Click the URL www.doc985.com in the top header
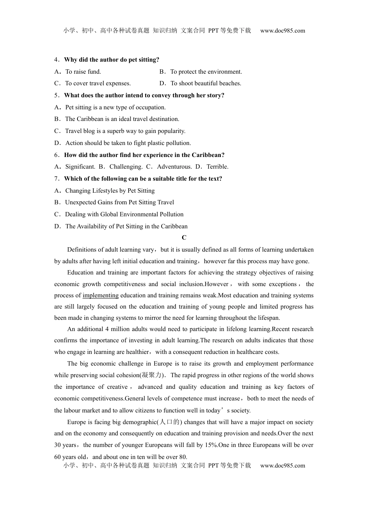click(282, 31)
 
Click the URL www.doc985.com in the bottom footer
click(282, 466)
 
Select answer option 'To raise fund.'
click(83, 72)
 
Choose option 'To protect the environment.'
click(206, 72)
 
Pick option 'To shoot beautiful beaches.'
click(205, 83)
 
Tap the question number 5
click(57, 95)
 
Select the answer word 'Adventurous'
click(174, 167)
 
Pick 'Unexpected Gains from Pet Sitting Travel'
click(119, 202)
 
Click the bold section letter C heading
click(184, 238)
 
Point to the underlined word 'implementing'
click(100, 295)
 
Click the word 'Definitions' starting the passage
click(82, 250)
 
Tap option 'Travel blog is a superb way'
click(125, 131)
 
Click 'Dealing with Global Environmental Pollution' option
click(124, 214)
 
